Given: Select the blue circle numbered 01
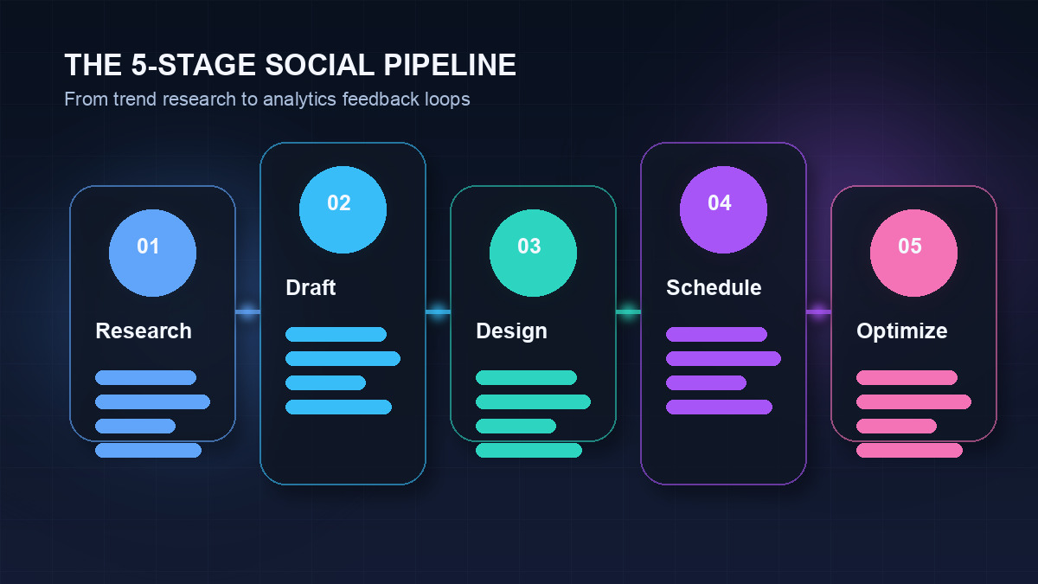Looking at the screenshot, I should [152, 253].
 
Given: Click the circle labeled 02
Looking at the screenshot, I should [343, 209].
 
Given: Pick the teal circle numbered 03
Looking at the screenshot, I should [533, 253].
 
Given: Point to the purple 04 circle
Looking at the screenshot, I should [723, 209].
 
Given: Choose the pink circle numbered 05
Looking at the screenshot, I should [913, 253].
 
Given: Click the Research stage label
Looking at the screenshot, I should [144, 331].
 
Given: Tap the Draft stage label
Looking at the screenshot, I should [311, 288].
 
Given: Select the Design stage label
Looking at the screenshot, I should [511, 331].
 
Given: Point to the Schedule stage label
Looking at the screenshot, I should [714, 288].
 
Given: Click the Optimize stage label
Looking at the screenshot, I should [901, 331].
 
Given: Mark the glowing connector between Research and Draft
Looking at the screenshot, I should [247, 311].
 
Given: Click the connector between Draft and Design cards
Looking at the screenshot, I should [438, 311].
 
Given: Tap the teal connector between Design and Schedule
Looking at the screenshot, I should [628, 311].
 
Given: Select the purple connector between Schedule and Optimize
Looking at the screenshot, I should [818, 311].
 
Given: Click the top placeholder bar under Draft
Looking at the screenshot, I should [336, 335].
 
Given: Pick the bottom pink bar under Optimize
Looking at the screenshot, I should [909, 450].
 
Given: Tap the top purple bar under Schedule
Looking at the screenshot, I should [716, 335].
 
